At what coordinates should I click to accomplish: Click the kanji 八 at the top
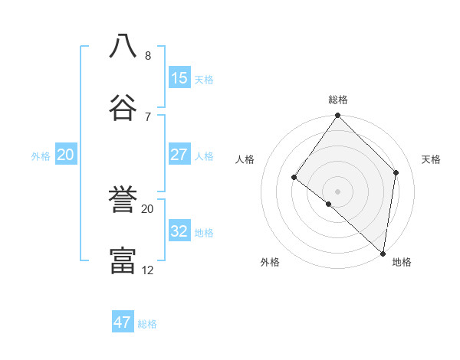coord(123,45)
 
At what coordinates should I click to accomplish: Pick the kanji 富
coord(123,260)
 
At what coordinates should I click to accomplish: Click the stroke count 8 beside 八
coord(148,56)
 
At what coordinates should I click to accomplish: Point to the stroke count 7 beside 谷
coord(148,116)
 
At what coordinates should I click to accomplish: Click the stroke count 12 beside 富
coord(148,270)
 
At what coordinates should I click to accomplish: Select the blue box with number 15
coord(179,78)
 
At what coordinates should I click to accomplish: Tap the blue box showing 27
coord(179,155)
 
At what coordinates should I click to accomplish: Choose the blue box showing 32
coord(179,231)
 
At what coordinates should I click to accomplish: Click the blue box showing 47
coord(123,322)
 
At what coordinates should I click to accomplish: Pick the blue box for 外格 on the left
coord(66,155)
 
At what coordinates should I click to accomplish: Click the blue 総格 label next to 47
coord(147,324)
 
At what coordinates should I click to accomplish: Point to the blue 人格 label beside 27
coord(204,156)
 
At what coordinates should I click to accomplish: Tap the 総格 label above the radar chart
coord(338,100)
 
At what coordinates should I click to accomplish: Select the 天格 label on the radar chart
coord(432,159)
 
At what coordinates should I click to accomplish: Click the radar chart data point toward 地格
coord(383,254)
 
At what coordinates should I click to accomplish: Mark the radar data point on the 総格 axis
coord(338,116)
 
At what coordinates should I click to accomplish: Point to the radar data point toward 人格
coord(294,177)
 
